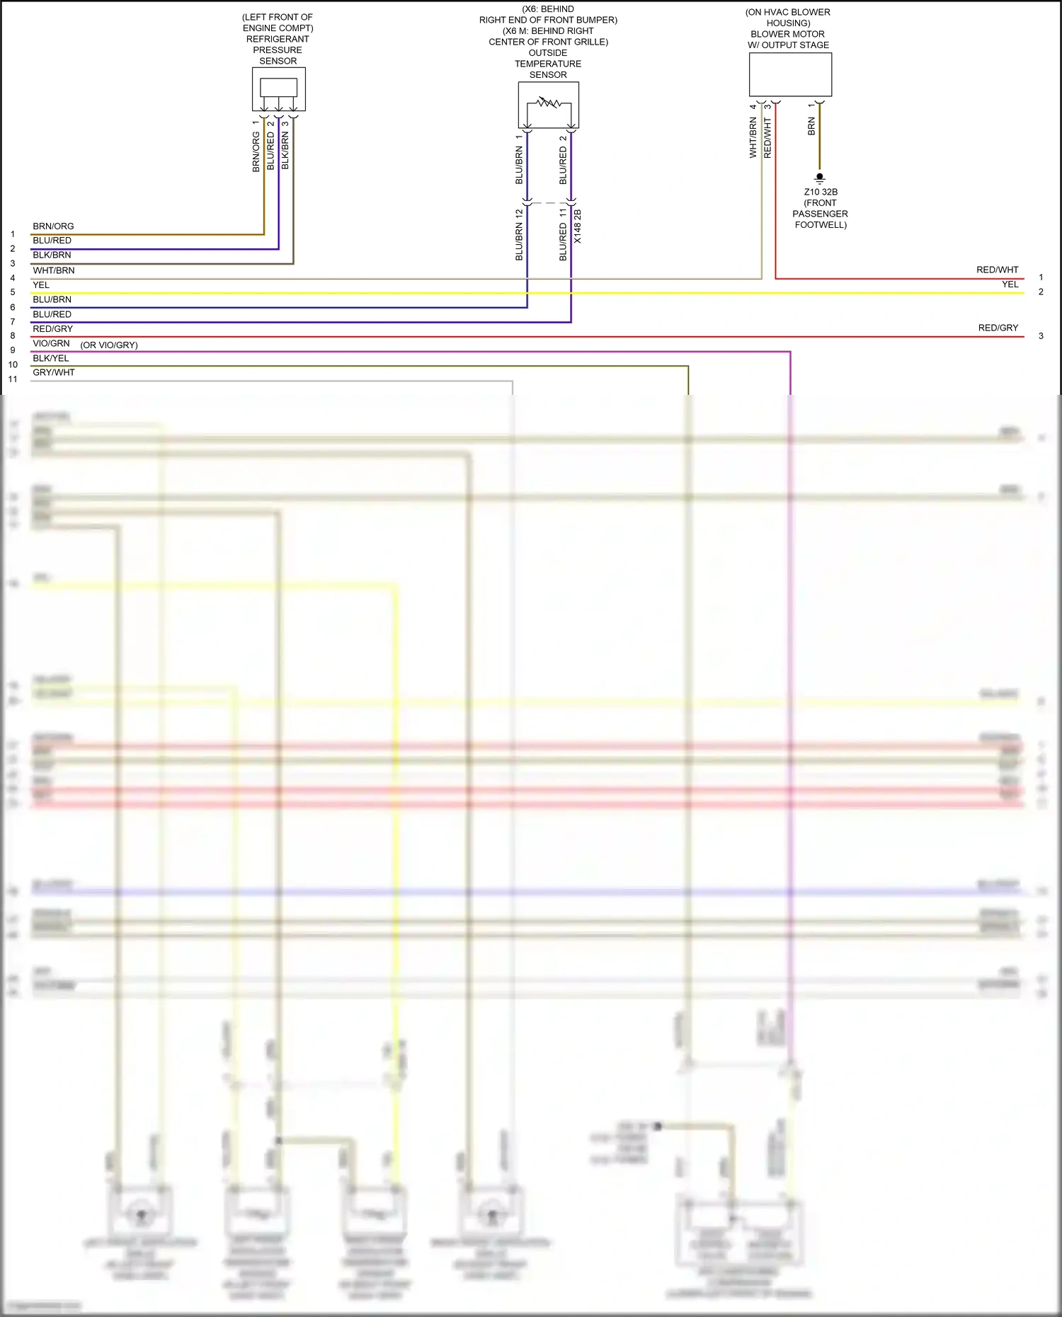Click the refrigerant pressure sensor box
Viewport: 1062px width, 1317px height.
click(x=278, y=89)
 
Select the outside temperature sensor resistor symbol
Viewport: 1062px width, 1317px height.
click(x=549, y=103)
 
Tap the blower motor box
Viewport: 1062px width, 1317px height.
click(x=790, y=75)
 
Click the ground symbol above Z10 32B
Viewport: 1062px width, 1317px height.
click(x=820, y=178)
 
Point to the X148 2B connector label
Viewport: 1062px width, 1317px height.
click(x=578, y=226)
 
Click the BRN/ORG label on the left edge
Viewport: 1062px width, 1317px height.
click(x=53, y=226)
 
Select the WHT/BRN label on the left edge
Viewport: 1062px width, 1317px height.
click(x=53, y=270)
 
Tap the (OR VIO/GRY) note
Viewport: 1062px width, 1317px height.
click(x=109, y=345)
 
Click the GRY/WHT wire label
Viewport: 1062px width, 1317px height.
click(x=54, y=372)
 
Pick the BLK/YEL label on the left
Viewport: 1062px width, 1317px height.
click(x=51, y=358)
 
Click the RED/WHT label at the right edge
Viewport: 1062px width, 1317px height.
click(x=997, y=270)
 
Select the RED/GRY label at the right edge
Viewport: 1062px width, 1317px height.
click(x=998, y=328)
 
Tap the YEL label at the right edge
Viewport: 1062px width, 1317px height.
click(x=1010, y=284)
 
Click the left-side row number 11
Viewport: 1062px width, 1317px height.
click(x=13, y=379)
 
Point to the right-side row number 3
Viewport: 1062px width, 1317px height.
click(x=1041, y=335)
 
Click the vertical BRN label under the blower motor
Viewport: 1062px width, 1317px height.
click(x=811, y=127)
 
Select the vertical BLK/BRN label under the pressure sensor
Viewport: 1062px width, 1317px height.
click(x=285, y=150)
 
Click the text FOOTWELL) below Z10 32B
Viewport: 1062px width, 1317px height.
click(x=821, y=225)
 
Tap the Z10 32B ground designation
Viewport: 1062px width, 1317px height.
click(x=821, y=192)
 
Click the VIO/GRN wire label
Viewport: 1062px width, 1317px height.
click(x=51, y=343)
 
